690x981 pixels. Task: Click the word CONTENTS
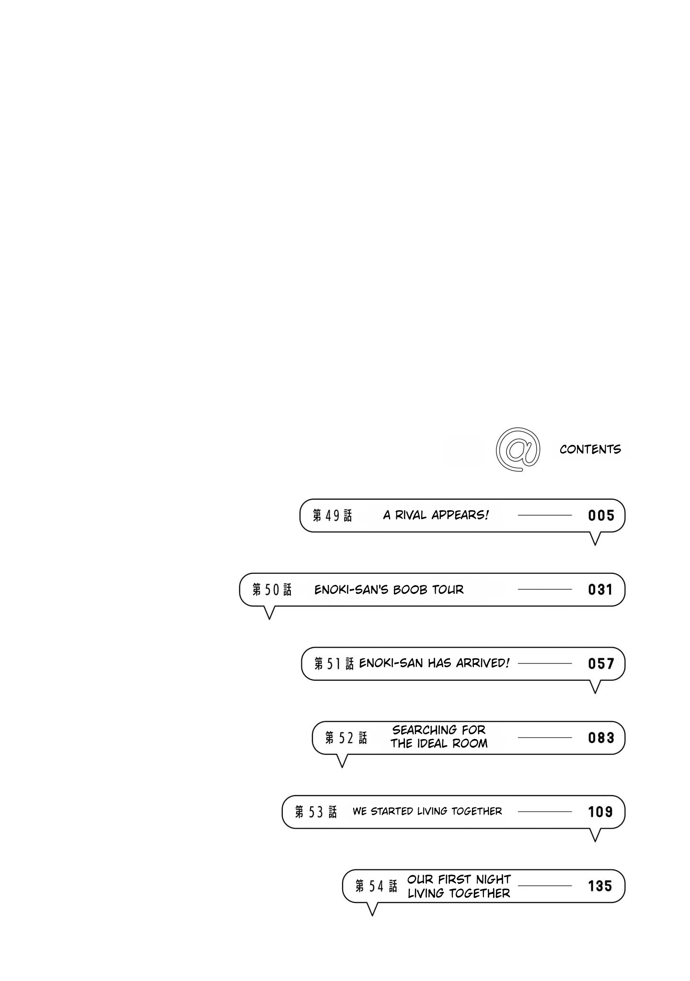click(590, 449)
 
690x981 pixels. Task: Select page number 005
click(601, 515)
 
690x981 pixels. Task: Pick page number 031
click(601, 590)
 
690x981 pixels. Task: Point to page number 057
click(601, 664)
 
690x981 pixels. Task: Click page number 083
click(601, 738)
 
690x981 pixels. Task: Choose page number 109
click(601, 812)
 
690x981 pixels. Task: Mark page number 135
click(601, 886)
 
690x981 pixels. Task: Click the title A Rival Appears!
click(436, 515)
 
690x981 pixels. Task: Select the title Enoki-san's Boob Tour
click(389, 590)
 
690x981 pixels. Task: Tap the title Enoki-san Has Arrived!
click(434, 663)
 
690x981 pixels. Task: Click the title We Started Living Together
click(427, 811)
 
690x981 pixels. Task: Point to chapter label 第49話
click(332, 515)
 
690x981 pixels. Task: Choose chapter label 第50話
click(272, 590)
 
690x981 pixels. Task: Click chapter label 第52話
click(346, 738)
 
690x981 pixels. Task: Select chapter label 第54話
click(376, 887)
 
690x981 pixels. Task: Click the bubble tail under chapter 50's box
click(269, 613)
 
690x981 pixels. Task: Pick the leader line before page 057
click(545, 664)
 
